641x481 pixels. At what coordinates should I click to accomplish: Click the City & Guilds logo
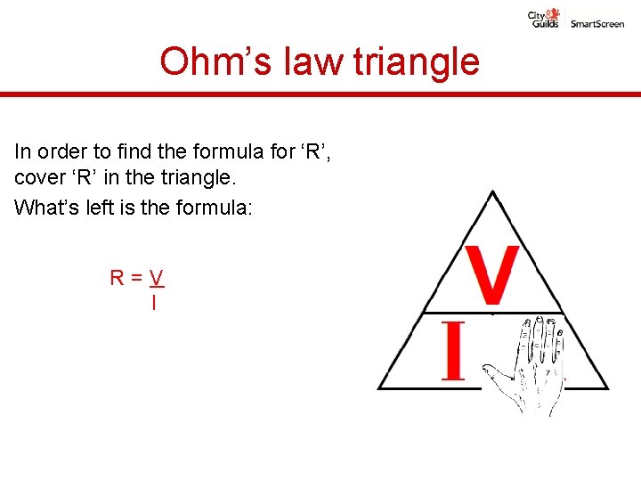544,18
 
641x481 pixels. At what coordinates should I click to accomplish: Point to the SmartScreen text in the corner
597,24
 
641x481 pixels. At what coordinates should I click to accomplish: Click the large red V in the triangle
491,275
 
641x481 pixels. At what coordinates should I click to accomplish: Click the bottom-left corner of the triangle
380,388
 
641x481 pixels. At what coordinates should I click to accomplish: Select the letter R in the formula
118,278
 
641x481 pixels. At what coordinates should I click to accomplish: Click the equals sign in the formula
136,278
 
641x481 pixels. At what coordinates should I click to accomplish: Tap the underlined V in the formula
157,278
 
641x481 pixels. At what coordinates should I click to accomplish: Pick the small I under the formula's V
154,303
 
